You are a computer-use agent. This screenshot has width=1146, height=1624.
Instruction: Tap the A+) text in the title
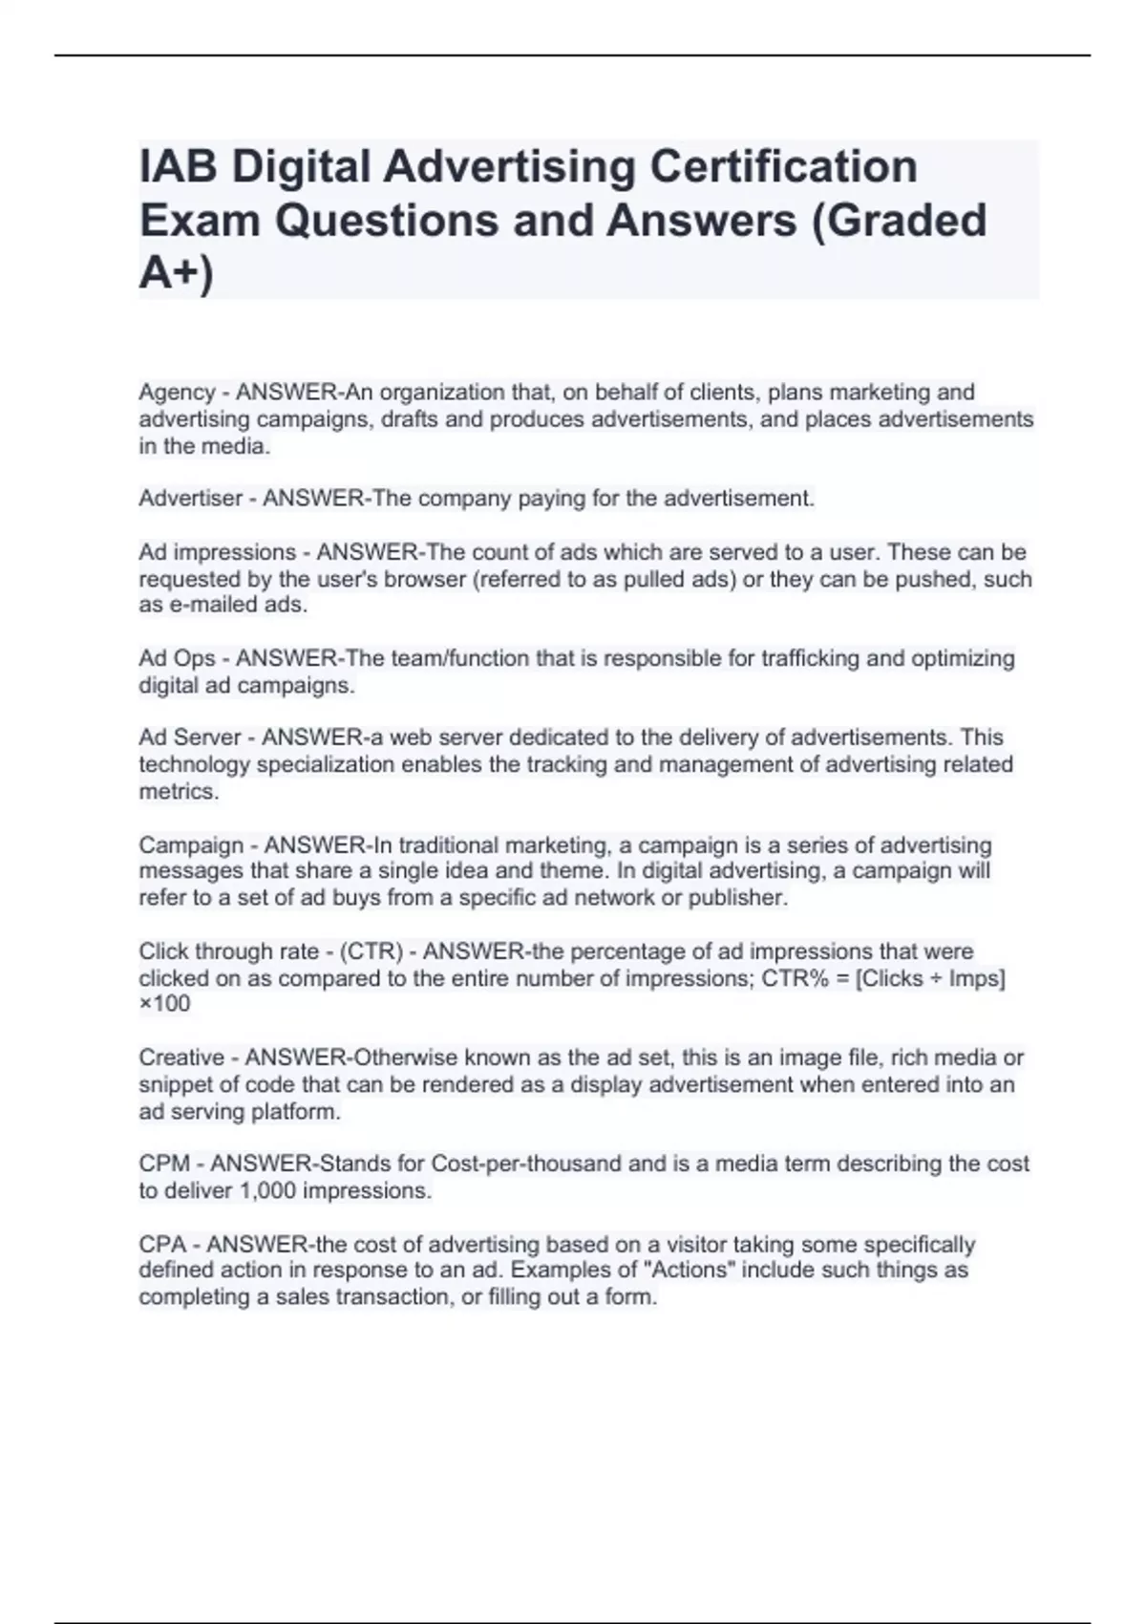[x=177, y=273]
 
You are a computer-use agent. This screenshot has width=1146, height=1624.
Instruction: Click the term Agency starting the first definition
[x=177, y=393]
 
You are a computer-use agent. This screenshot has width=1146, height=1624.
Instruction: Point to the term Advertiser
[x=190, y=499]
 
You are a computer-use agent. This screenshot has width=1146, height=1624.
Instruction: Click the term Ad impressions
[x=218, y=552]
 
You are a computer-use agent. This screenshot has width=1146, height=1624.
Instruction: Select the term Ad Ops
[x=177, y=658]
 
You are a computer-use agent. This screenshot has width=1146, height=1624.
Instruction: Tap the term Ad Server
[x=190, y=737]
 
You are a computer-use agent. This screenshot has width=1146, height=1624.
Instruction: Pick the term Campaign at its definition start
[x=191, y=845]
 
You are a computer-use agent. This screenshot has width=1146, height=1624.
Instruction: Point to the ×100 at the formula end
[x=164, y=1004]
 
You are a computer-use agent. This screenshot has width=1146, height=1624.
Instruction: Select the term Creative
[x=181, y=1058]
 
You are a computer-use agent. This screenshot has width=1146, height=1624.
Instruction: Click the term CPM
[x=164, y=1164]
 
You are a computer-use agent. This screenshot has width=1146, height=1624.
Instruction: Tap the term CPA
[x=162, y=1245]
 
